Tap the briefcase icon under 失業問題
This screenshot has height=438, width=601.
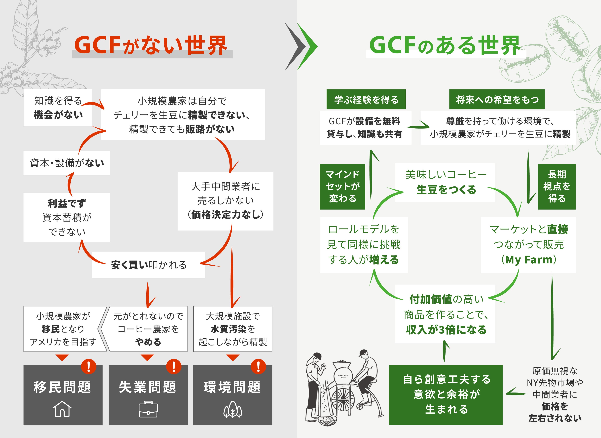tap(148, 410)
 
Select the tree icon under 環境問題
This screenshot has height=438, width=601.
tap(233, 410)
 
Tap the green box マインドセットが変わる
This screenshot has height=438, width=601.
tap(342, 186)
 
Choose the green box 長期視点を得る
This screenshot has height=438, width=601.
tap(556, 186)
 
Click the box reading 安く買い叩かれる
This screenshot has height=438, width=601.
tap(149, 265)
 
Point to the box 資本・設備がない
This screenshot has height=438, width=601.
tap(67, 163)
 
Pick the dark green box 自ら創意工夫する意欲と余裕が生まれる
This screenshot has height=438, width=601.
tap(446, 395)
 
